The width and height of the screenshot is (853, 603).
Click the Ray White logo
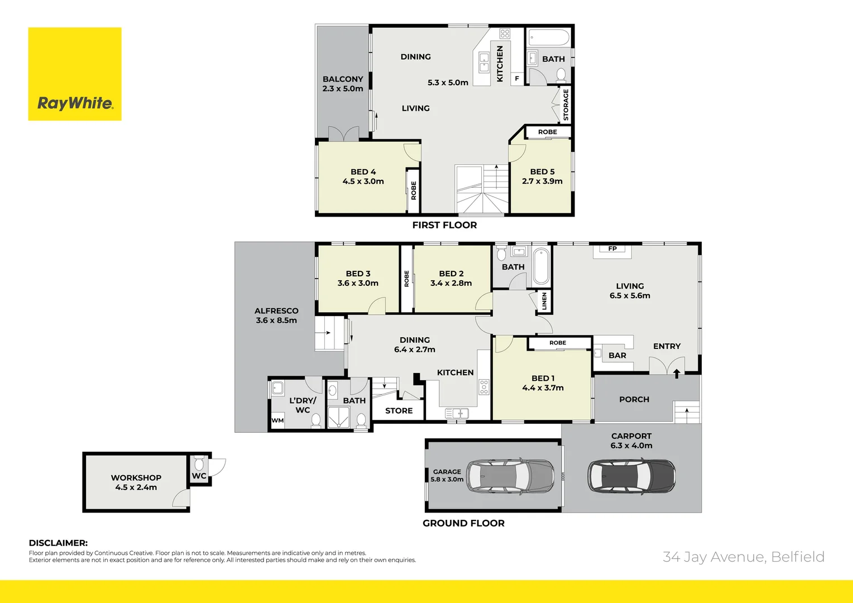tap(75, 74)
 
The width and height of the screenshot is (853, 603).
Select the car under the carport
tap(631, 476)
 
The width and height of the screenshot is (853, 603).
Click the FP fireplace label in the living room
tap(612, 249)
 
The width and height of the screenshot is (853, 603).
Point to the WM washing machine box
tap(277, 420)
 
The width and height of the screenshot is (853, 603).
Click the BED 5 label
tap(542, 172)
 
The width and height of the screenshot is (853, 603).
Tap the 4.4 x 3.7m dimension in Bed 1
tap(543, 388)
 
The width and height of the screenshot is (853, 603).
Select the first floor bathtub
tap(548, 39)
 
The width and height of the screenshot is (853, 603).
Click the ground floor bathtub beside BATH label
tap(541, 267)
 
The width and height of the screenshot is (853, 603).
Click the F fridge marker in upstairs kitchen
tap(517, 79)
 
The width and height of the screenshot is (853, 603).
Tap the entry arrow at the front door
tap(677, 373)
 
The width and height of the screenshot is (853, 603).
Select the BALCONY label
tap(343, 79)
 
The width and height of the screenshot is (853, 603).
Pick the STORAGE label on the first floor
tap(566, 106)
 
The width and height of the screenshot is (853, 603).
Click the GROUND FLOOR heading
tap(463, 523)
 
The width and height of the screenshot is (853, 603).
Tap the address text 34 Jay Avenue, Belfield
tap(743, 557)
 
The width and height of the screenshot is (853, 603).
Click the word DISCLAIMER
tap(58, 543)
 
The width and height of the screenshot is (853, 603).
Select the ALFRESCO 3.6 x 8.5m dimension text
tap(276, 320)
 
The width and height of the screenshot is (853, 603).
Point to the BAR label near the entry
tap(617, 356)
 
